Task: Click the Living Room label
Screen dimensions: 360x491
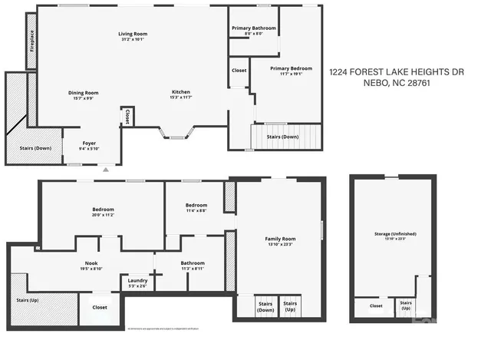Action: click(x=132, y=34)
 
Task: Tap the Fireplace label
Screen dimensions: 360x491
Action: click(x=31, y=40)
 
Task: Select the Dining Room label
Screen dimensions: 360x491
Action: click(x=85, y=93)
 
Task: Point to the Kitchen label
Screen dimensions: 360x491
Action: click(x=181, y=93)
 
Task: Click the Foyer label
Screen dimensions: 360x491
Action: click(x=90, y=144)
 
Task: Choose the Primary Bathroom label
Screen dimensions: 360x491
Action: click(x=253, y=28)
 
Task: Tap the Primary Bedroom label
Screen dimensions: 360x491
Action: click(x=291, y=68)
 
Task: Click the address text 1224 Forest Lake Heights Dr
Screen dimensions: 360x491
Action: click(x=397, y=72)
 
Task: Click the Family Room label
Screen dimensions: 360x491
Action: click(x=280, y=239)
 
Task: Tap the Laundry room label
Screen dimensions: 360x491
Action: click(x=138, y=280)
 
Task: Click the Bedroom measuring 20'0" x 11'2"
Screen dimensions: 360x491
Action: click(x=103, y=210)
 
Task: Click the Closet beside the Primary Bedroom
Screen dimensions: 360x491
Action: click(x=239, y=71)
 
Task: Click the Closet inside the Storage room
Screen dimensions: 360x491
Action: click(x=376, y=306)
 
